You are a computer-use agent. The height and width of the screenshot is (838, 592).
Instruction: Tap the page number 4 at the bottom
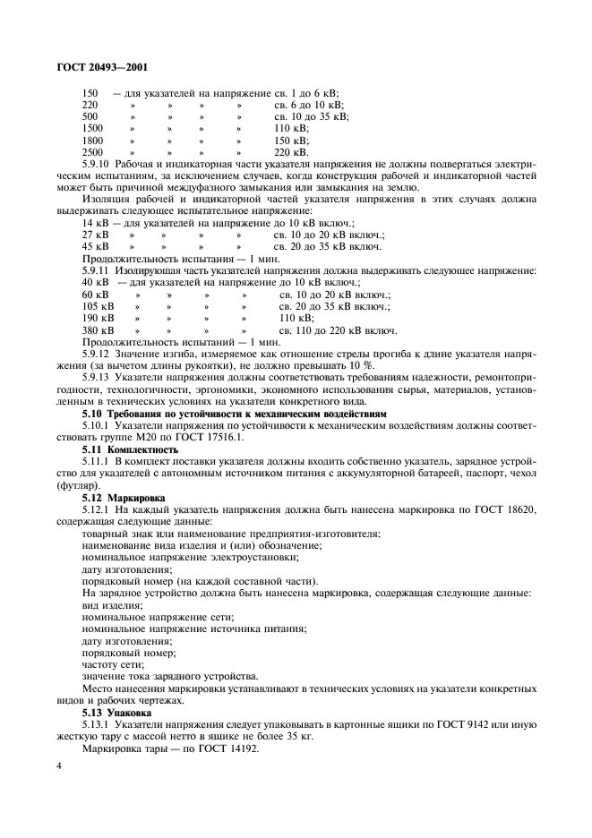pyautogui.click(x=58, y=766)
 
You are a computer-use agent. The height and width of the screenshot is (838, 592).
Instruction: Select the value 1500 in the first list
pyautogui.click(x=92, y=129)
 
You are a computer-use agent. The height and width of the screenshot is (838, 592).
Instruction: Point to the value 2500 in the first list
pyautogui.click(x=92, y=153)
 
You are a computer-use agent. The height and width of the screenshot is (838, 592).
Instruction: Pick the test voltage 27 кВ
pyautogui.click(x=95, y=235)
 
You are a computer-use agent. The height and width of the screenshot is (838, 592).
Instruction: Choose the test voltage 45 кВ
pyautogui.click(x=95, y=246)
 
